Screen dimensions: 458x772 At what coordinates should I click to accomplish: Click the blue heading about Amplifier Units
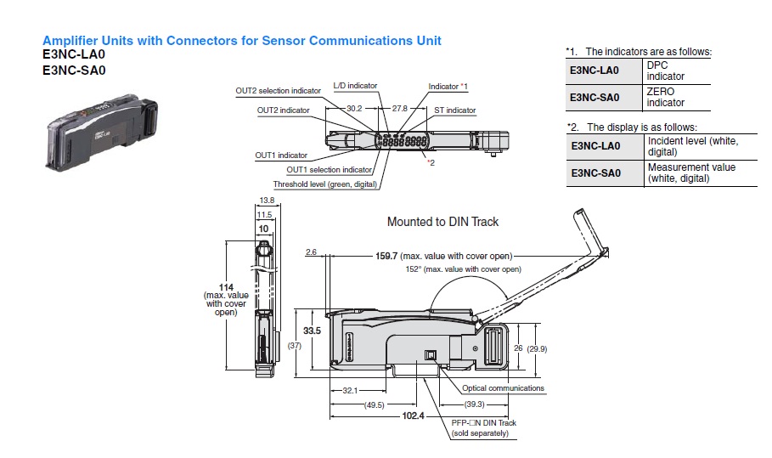(241, 40)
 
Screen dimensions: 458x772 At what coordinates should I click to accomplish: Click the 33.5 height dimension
(312, 331)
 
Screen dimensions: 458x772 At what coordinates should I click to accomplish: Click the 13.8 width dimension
(266, 200)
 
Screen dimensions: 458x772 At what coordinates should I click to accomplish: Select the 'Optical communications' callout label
(503, 388)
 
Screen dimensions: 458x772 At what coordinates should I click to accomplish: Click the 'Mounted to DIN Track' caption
(442, 222)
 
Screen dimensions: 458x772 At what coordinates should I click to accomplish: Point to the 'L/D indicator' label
(355, 86)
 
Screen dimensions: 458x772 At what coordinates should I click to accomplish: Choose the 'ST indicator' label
(455, 110)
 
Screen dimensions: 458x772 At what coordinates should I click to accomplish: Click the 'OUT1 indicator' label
(281, 155)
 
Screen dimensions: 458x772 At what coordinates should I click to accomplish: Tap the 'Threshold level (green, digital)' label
(324, 184)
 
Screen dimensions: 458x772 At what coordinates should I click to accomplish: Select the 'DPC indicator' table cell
(665, 71)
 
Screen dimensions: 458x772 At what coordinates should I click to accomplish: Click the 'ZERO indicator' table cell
(665, 97)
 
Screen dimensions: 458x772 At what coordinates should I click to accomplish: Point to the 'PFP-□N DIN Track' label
(485, 422)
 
